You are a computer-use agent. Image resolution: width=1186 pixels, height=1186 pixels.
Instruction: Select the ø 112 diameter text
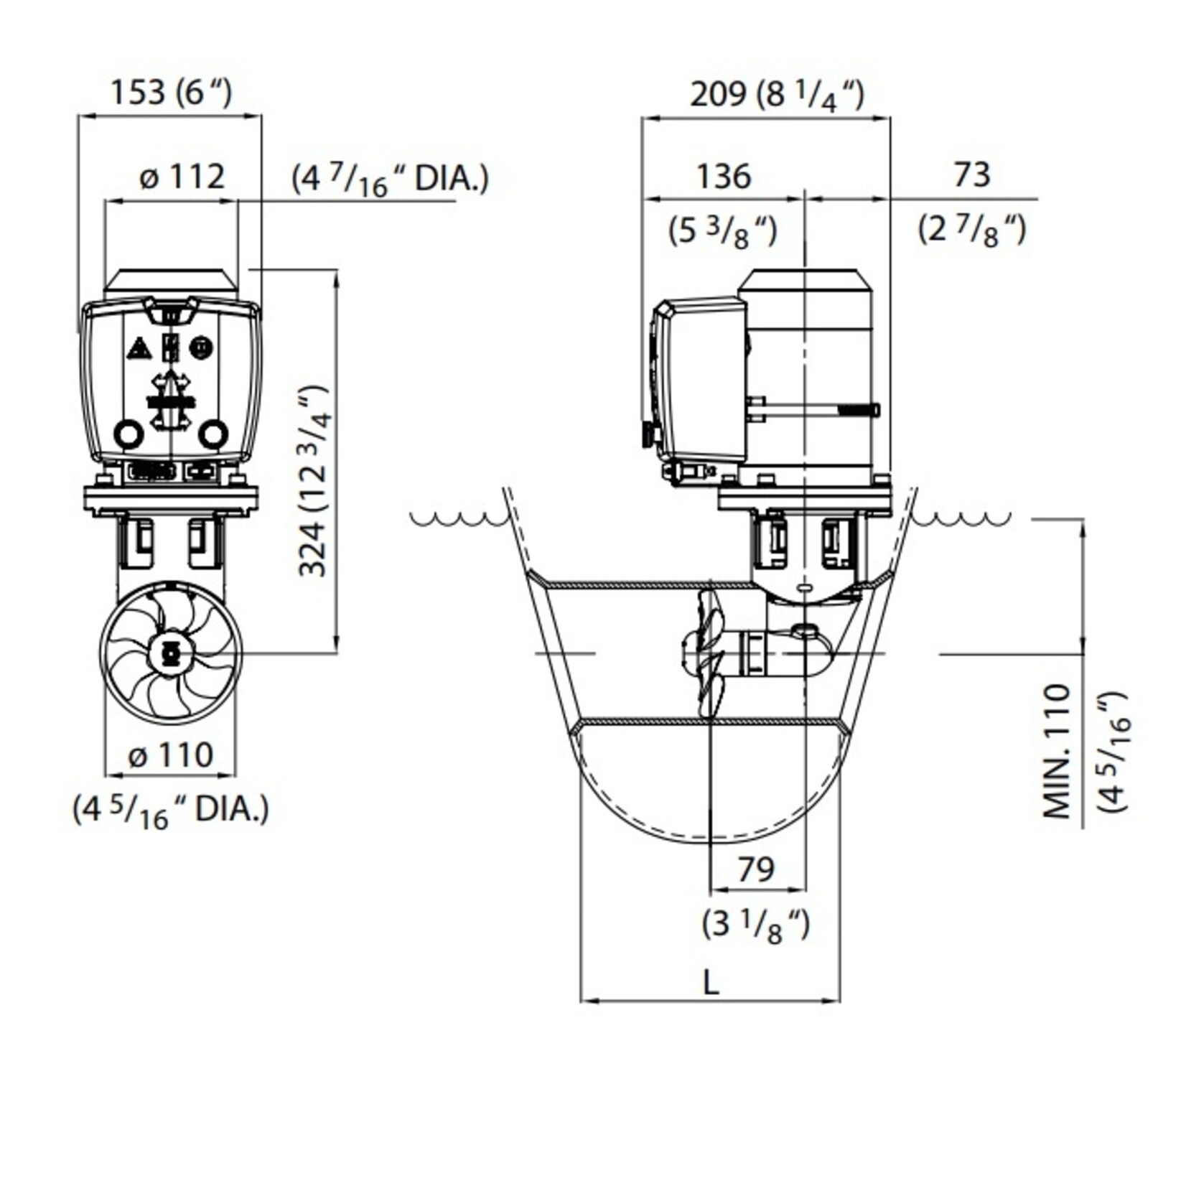click(x=182, y=176)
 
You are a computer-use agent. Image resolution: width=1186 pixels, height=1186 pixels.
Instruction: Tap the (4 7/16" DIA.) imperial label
click(x=390, y=179)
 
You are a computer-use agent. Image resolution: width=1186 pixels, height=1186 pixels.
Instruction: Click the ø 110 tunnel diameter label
click(x=171, y=755)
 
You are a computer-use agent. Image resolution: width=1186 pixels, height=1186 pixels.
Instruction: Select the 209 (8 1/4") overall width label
click(x=778, y=95)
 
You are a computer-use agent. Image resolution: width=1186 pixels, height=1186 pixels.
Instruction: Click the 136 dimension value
click(x=724, y=176)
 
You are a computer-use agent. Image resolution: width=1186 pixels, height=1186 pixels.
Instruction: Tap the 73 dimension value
click(x=973, y=174)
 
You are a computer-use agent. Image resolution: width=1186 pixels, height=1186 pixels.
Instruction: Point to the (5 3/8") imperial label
click(x=723, y=232)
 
